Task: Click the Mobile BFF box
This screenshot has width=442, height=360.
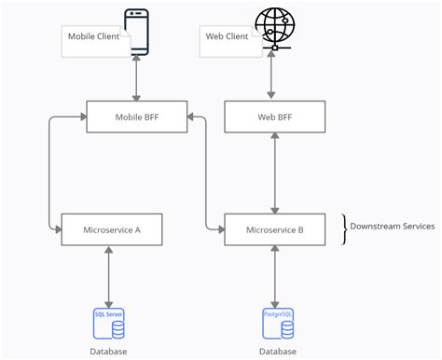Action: pos(136,118)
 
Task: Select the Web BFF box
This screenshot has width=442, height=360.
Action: pos(274,118)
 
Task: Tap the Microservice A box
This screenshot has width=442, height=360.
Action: pos(111,228)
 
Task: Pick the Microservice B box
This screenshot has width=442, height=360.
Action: pos(274,228)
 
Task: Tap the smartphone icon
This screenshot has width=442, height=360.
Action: pos(137,31)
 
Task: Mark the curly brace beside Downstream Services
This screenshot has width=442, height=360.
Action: pos(344,228)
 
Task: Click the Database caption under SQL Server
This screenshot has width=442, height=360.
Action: pos(109,352)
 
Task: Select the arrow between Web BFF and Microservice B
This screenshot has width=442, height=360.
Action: pos(274,173)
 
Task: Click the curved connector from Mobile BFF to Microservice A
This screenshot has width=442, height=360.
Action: pos(48,173)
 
